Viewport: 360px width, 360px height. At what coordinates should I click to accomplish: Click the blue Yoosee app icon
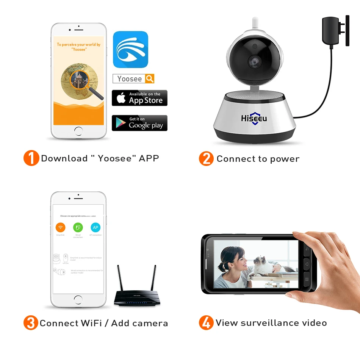click(130, 49)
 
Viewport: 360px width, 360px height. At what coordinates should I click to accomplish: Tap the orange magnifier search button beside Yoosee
click(150, 78)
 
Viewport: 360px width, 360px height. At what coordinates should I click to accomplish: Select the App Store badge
click(139, 98)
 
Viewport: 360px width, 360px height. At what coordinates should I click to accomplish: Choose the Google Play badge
click(139, 123)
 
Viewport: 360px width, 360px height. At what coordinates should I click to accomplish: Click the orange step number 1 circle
click(31, 158)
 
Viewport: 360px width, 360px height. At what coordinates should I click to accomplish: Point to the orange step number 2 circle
click(206, 158)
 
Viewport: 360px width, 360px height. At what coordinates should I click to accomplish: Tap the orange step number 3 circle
click(31, 323)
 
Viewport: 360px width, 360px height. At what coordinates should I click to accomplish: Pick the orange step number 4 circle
click(206, 323)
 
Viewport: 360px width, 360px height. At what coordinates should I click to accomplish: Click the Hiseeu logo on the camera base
click(254, 119)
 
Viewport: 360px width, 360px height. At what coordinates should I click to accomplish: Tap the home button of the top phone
click(78, 131)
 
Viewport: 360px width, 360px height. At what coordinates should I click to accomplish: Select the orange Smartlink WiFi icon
click(60, 227)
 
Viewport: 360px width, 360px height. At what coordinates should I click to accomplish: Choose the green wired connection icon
click(78, 227)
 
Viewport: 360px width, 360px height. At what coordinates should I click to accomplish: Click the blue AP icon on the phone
click(95, 227)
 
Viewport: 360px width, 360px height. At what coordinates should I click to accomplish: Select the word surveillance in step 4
click(270, 323)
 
